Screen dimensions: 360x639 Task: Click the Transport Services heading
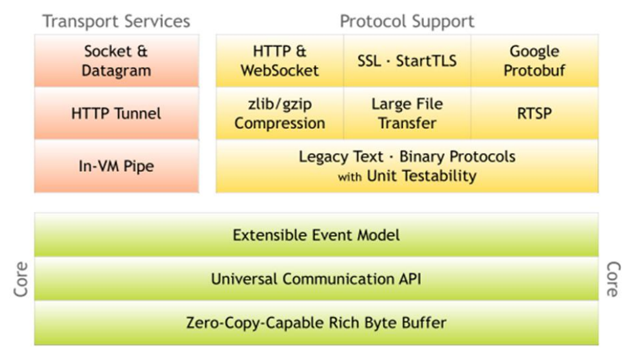tap(116, 21)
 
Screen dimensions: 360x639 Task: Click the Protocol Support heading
tap(407, 21)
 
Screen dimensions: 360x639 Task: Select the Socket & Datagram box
tap(116, 61)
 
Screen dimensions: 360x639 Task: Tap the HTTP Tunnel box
tap(116, 113)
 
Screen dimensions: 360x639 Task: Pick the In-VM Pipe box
tap(116, 166)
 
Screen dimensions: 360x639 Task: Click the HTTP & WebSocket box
tap(279, 61)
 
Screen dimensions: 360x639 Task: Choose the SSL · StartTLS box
tap(407, 61)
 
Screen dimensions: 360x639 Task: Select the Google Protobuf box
tap(535, 61)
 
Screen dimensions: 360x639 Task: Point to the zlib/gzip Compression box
tap(279, 113)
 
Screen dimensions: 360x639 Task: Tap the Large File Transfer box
tap(407, 113)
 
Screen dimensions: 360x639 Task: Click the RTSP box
tap(535, 113)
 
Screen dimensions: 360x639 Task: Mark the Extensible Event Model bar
tap(316, 234)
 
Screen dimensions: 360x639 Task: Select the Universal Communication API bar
tap(316, 279)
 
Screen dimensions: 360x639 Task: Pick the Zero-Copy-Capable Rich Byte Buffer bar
tap(316, 322)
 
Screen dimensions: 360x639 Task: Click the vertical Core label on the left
tap(21, 279)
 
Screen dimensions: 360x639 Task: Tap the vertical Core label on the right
tap(612, 279)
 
